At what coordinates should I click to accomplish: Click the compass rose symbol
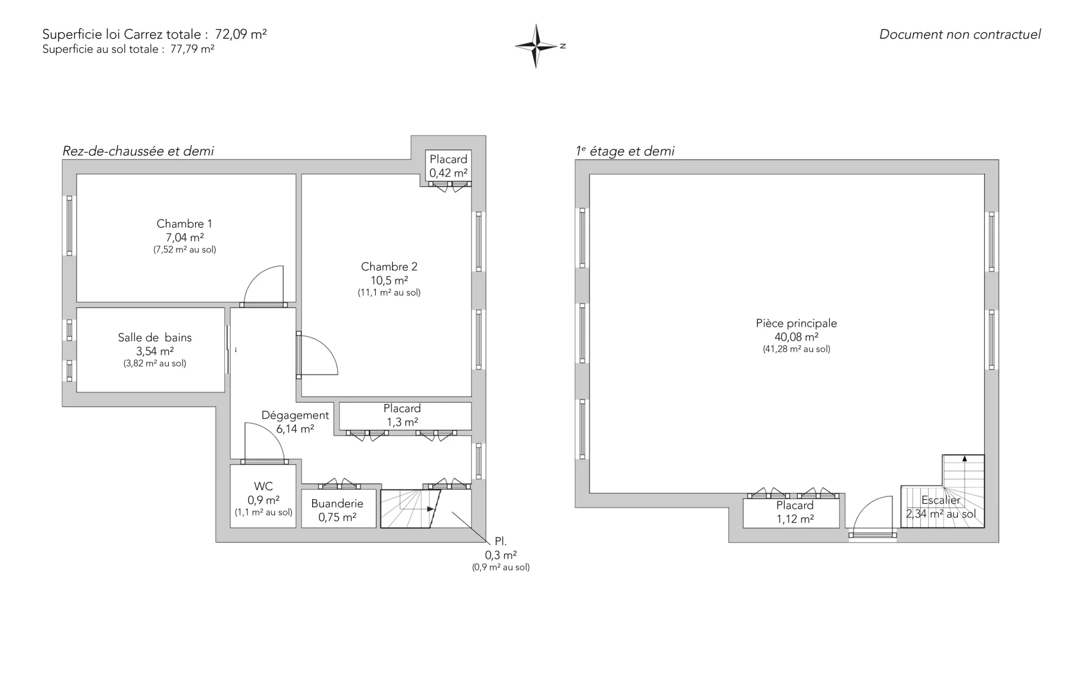click(536, 46)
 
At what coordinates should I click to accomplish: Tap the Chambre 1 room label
click(184, 224)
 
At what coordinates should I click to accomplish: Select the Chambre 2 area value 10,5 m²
click(389, 281)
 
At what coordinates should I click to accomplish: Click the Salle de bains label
click(155, 337)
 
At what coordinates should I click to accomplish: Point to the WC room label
click(263, 486)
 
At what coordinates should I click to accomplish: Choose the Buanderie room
click(338, 509)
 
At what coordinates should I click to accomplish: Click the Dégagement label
click(295, 415)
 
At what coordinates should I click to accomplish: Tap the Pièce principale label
click(796, 323)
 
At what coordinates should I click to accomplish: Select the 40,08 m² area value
click(796, 337)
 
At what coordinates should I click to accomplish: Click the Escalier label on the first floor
click(941, 500)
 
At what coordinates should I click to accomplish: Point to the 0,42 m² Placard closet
click(448, 166)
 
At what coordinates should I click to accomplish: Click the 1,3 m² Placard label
click(402, 409)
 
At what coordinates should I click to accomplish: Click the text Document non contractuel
click(960, 34)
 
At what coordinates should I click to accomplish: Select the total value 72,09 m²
click(241, 34)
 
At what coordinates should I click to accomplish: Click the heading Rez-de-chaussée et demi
click(138, 151)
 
